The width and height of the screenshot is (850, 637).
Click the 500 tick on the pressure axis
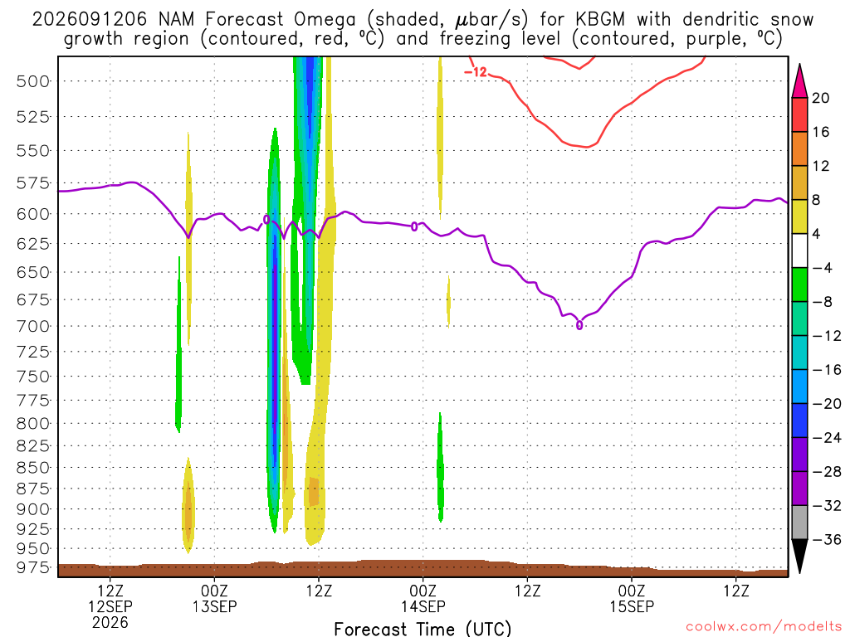pyautogui.click(x=33, y=82)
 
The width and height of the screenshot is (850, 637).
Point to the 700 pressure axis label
pyautogui.click(x=33, y=327)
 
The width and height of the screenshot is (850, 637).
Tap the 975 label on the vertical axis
pyautogui.click(x=33, y=567)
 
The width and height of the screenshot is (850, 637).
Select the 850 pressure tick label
pyautogui.click(x=33, y=468)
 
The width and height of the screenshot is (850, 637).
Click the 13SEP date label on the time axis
pyautogui.click(x=215, y=606)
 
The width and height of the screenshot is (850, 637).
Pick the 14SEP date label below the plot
pyautogui.click(x=423, y=606)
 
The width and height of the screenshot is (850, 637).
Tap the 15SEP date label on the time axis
pyautogui.click(x=632, y=606)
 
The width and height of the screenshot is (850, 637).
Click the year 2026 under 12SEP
pyautogui.click(x=110, y=622)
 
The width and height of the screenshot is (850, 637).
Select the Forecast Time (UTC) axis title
pyautogui.click(x=423, y=629)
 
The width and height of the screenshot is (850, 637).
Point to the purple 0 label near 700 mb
pyautogui.click(x=579, y=325)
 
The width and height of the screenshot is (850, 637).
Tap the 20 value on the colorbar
pyautogui.click(x=821, y=98)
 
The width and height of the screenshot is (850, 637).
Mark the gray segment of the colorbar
pyautogui.click(x=799, y=523)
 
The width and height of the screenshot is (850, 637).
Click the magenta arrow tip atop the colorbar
pyautogui.click(x=799, y=65)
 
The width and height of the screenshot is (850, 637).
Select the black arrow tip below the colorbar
pyautogui.click(x=799, y=573)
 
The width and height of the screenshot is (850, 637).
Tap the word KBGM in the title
pyautogui.click(x=600, y=20)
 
